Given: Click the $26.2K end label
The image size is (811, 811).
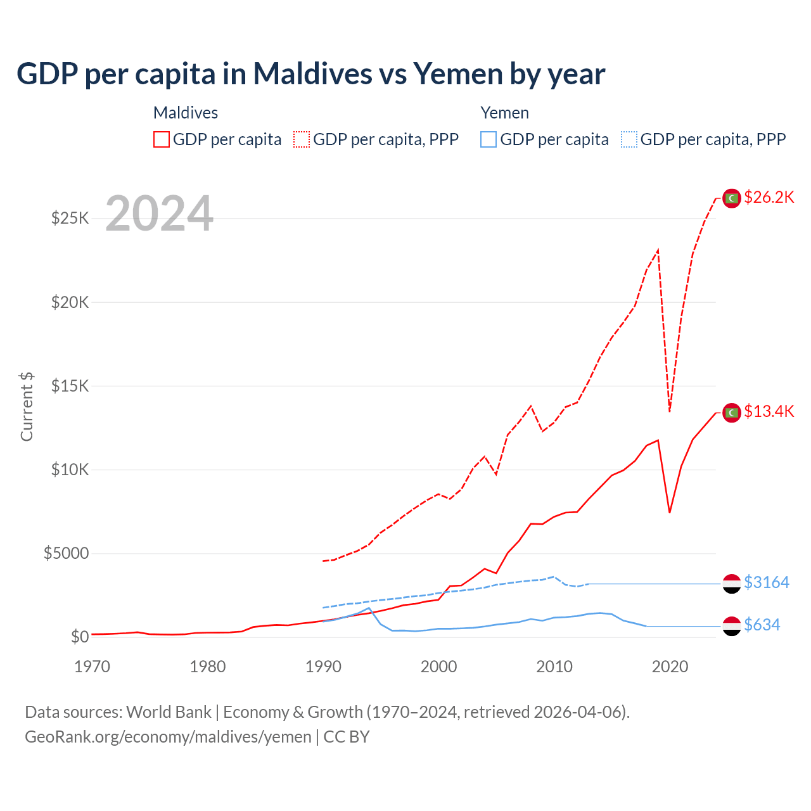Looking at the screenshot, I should (769, 198).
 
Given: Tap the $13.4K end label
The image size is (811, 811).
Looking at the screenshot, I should (769, 412).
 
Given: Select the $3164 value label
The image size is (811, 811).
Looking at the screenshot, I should (767, 582).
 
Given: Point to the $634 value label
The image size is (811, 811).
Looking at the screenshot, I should (762, 625).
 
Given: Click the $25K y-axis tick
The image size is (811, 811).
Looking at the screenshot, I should (70, 219).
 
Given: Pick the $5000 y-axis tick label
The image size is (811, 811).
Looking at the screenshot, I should (67, 554).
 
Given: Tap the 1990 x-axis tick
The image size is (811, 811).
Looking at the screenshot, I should (323, 667).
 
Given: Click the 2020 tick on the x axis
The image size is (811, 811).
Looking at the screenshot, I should (670, 667).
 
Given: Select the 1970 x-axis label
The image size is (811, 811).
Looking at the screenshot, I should (93, 667).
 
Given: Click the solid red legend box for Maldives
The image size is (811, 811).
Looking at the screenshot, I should (162, 139).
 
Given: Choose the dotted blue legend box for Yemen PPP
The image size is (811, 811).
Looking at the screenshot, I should (629, 139).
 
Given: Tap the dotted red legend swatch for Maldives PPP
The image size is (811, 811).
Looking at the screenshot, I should (302, 139).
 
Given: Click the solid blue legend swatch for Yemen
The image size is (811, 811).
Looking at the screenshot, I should (489, 139).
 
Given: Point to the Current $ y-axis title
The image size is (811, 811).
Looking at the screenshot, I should (27, 407).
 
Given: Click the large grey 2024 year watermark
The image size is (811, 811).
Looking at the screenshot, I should (159, 214).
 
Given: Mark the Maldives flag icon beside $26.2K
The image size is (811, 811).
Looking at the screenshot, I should (732, 198).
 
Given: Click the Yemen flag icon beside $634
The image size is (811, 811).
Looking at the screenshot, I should (732, 626).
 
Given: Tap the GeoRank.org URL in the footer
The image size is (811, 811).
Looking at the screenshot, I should (168, 737).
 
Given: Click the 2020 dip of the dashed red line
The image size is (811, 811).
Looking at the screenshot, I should (670, 411).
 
